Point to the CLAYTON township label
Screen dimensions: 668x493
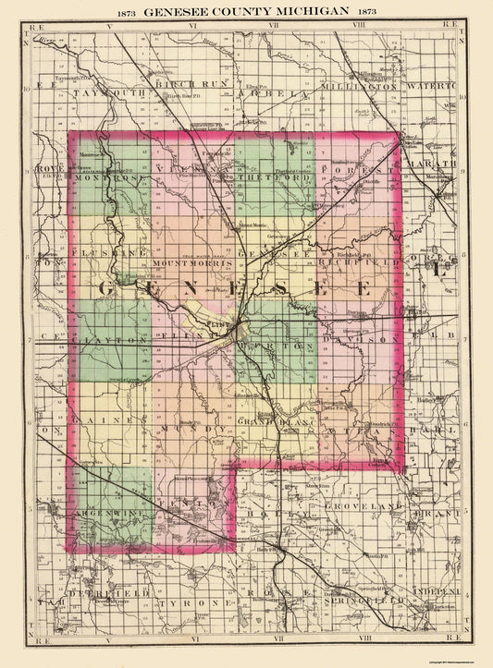(108, 341)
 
